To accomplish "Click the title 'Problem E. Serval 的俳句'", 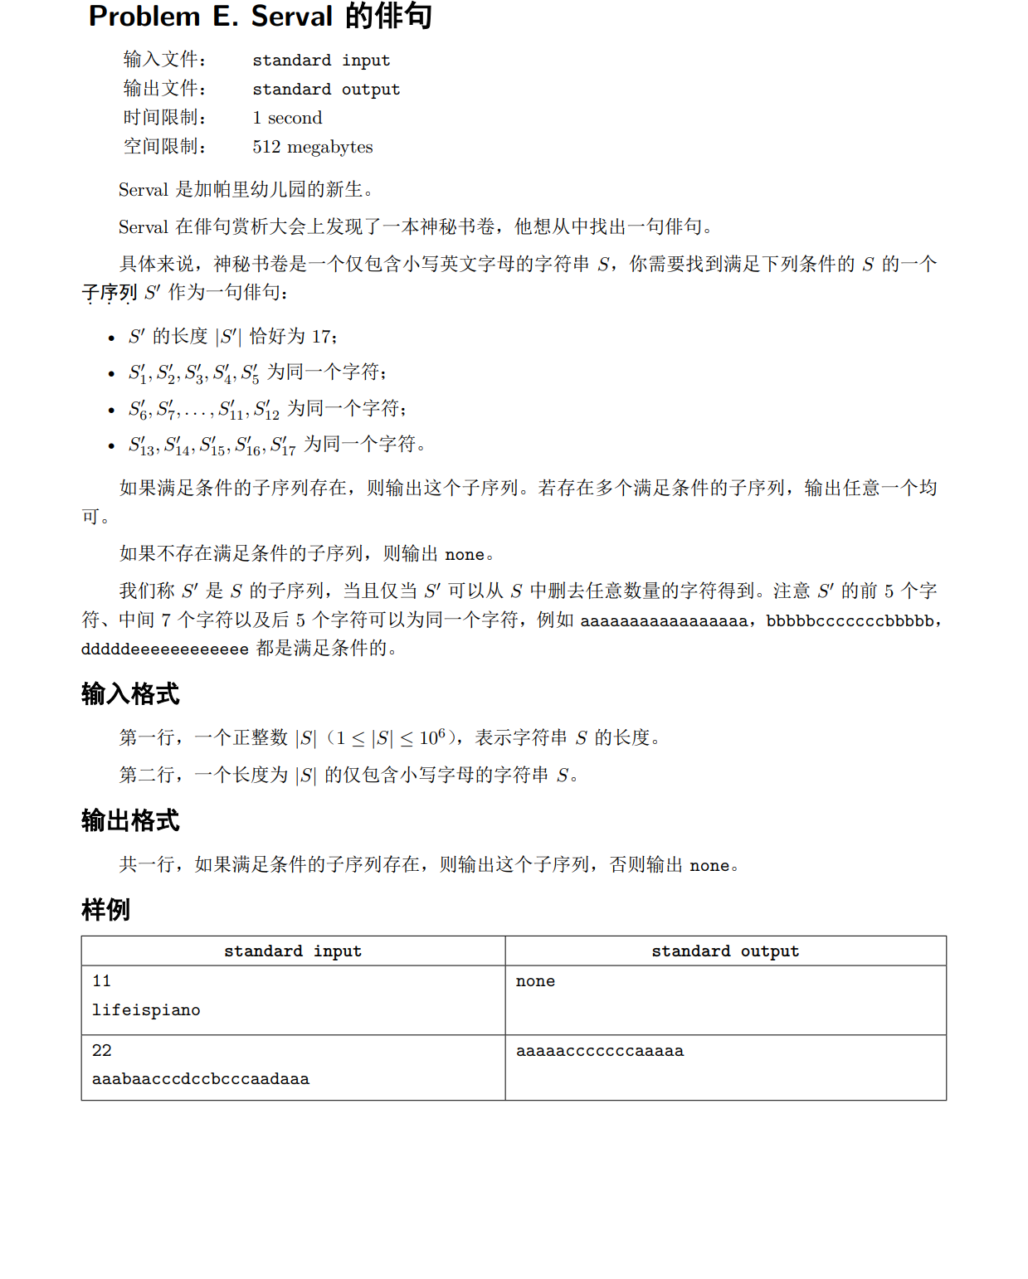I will pos(260,17).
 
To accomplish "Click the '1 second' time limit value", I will pos(287,118).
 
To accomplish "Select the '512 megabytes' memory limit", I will pos(313,147).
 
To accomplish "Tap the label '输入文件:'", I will pos(164,60).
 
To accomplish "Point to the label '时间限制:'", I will pos(164,118).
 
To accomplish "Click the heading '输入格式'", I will pos(130,693).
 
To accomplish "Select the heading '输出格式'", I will pos(130,820).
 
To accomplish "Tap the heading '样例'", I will pos(105,909).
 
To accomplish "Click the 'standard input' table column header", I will pos(293,951).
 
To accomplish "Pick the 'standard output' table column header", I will pos(725,951).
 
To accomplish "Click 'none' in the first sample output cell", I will pos(535,981).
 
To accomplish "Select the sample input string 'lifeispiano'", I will pos(146,1010).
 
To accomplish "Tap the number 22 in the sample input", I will pos(102,1051).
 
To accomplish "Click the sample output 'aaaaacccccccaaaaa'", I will pos(600,1051).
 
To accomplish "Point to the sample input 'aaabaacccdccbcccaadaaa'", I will pos(201,1079).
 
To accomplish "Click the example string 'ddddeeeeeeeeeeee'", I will pos(165,649).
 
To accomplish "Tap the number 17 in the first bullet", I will pos(322,337).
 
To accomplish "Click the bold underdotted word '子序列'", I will pos(110,293).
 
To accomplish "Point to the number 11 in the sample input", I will pos(102,981).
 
